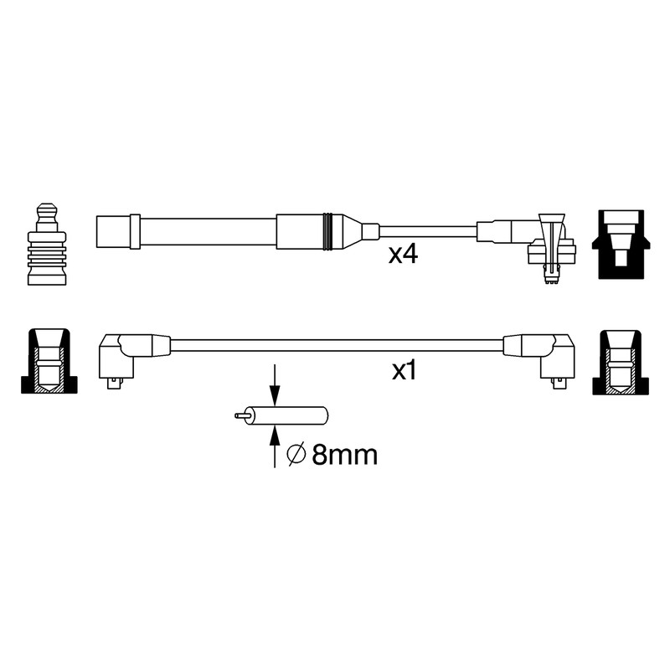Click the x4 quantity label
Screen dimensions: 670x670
coord(403,255)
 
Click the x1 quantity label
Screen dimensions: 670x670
coord(405,371)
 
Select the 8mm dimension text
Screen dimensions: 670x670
coord(344,455)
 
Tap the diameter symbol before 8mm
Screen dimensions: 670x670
coord(296,455)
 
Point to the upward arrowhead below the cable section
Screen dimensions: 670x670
coord(275,435)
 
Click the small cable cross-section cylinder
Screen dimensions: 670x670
coord(286,415)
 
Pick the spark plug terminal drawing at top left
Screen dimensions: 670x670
coord(47,244)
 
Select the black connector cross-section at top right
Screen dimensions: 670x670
coord(621,245)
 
